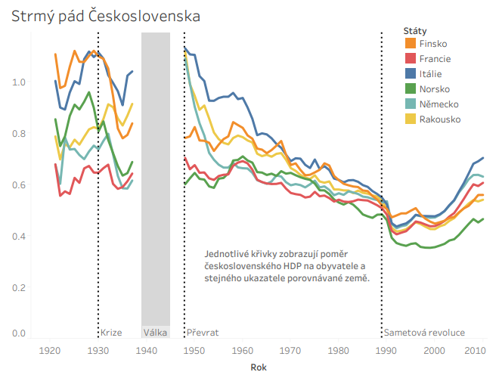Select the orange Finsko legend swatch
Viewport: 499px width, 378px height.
410,43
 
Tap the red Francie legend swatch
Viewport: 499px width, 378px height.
410,58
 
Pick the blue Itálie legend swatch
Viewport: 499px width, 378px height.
410,73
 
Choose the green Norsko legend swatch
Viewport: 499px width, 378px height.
410,88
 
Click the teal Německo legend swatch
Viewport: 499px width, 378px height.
410,104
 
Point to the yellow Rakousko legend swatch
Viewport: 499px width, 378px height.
410,119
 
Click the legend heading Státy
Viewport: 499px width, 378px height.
413,29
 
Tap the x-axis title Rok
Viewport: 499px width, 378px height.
258,367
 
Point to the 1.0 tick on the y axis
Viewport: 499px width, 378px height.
19,82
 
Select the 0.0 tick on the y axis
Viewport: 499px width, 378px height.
19,333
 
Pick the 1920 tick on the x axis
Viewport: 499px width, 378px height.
51,350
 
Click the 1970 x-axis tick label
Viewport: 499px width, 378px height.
290,350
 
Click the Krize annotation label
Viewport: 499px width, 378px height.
111,333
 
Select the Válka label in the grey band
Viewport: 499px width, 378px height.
155,333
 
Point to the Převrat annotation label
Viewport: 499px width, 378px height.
203,333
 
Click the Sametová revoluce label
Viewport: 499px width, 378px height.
424,333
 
